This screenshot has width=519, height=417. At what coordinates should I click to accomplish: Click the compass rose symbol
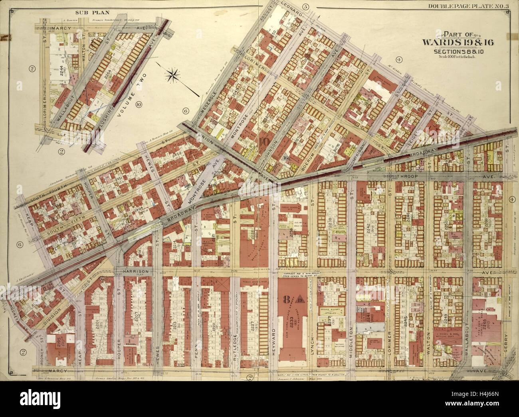tap(174, 74)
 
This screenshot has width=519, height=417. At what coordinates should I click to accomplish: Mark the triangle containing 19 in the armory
tap(300, 299)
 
